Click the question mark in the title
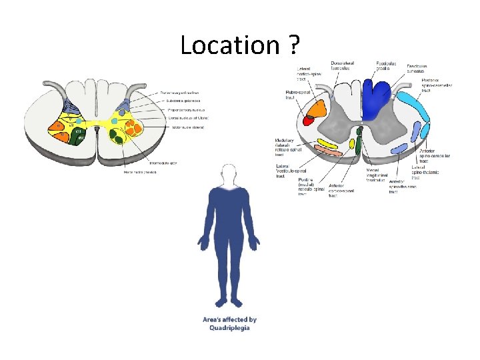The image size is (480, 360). click(293, 45)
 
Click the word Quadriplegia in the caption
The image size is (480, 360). click(229, 328)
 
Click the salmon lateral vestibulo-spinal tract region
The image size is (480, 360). click(318, 151)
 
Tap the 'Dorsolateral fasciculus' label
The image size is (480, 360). click(343, 67)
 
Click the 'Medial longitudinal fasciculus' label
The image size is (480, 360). click(377, 175)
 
